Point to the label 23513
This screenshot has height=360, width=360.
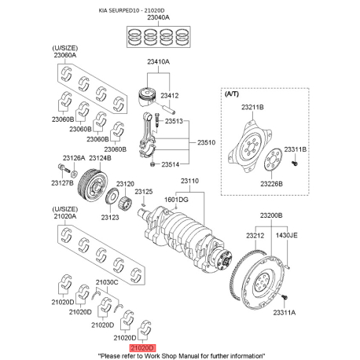click(174, 121)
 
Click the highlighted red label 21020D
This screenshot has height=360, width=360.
click(144, 346)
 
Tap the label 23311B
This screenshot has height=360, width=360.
click(296, 149)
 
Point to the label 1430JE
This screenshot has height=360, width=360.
click(285, 234)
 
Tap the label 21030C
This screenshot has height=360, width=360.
click(107, 281)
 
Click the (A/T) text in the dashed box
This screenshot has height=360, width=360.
click(233, 93)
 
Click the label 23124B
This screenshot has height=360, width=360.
click(99, 157)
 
